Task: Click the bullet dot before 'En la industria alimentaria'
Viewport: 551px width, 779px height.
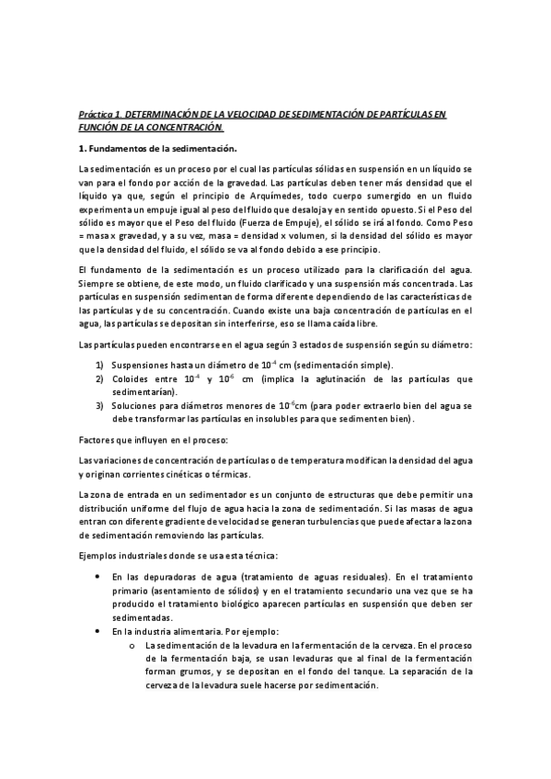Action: (98, 630)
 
